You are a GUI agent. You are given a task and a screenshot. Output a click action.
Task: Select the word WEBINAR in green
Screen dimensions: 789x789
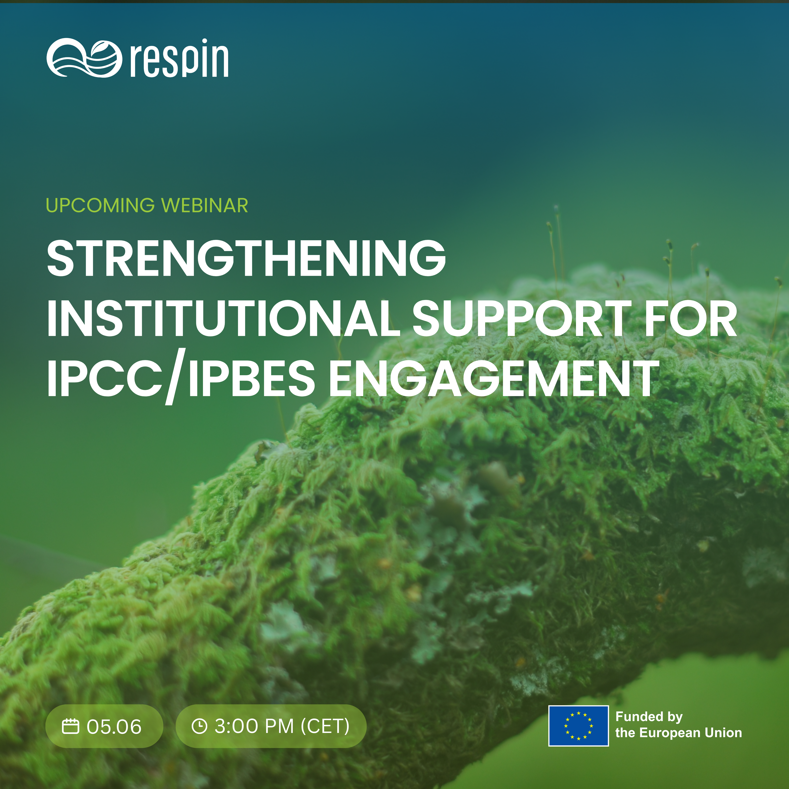[205, 205]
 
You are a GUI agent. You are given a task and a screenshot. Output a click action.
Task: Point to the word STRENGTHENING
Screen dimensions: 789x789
[246, 258]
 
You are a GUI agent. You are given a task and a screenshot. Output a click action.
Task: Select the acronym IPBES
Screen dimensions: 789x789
[252, 379]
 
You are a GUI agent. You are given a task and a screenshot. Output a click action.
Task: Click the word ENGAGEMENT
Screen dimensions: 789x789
[494, 379]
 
